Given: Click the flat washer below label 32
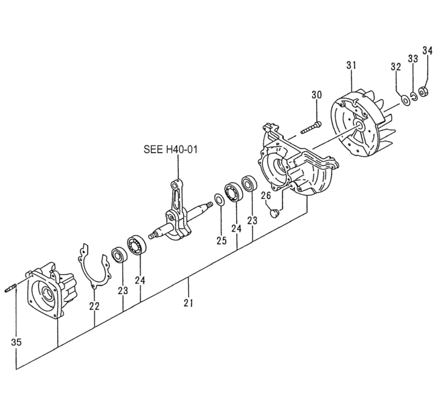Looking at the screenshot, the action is (x=405, y=100).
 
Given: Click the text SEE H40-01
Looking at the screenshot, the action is (x=170, y=150).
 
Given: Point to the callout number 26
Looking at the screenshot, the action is (x=265, y=196).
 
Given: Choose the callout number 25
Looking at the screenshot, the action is (x=222, y=240).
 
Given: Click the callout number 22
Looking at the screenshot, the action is (x=94, y=306).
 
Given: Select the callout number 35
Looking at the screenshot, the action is (x=16, y=342).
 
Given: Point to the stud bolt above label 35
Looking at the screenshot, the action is (x=11, y=288).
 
